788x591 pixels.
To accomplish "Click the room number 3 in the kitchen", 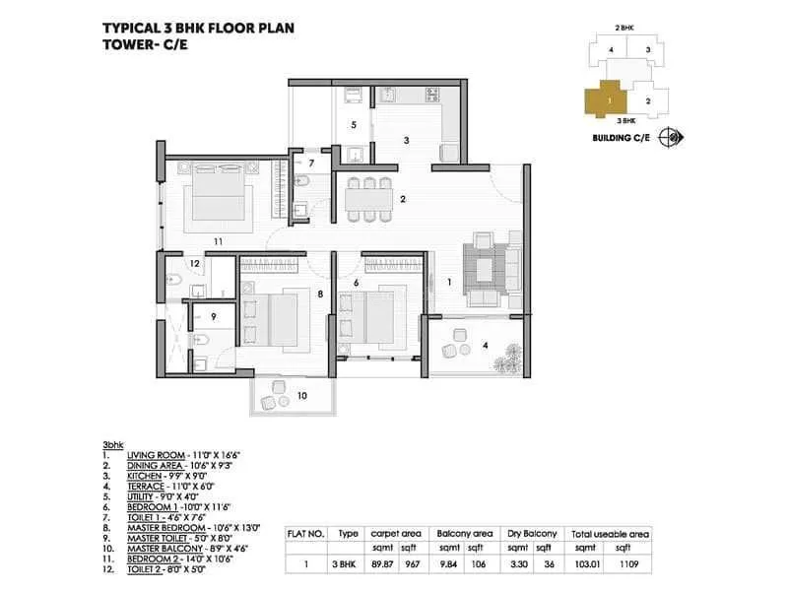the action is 407,141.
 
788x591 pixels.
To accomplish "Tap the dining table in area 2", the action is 368,199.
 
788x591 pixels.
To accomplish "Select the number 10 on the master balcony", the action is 301,396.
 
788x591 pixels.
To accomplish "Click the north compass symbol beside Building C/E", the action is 672,137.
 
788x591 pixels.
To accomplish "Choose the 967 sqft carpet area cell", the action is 412,564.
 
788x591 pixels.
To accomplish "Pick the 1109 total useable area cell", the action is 628,564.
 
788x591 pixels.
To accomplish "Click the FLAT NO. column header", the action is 306,534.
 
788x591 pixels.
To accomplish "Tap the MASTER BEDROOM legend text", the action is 165,528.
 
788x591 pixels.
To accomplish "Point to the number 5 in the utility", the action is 354,125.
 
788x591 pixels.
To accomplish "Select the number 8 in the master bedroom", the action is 320,295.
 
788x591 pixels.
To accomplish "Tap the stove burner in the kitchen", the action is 432,94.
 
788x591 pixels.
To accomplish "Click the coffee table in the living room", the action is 484,271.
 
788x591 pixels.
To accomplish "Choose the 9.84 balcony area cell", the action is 448,564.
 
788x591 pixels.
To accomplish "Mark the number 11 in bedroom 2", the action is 218,241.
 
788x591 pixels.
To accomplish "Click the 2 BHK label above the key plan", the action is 624,29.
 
